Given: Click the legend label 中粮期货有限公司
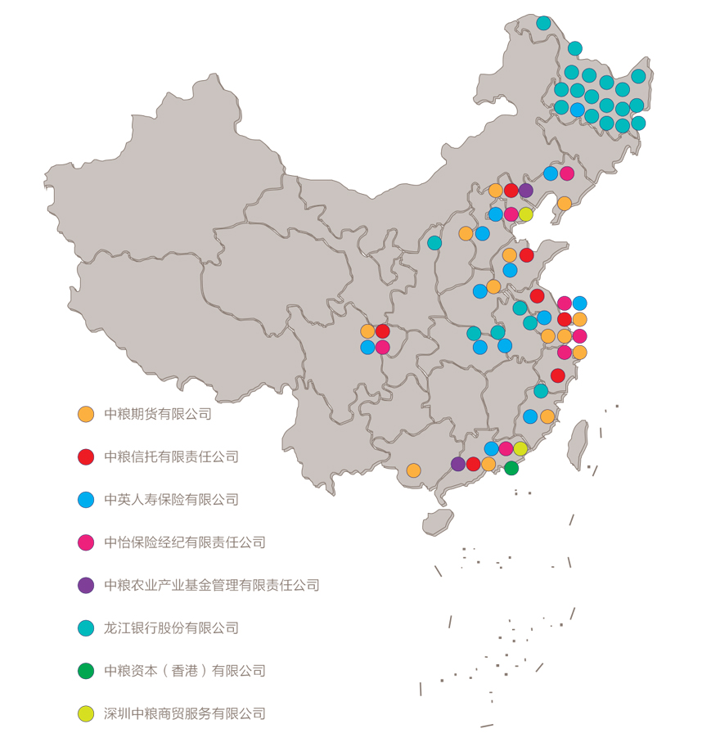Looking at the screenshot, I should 158,414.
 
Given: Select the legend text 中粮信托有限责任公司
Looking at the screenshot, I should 171,457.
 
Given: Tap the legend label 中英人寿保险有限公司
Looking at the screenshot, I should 171,500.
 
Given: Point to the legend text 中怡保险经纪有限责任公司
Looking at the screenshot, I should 185,542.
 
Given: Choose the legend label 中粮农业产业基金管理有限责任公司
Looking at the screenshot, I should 211,585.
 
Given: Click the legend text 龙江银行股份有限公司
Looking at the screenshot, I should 171,628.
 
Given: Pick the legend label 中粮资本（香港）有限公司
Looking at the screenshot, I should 185,671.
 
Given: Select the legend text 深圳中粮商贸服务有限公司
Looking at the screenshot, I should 185,713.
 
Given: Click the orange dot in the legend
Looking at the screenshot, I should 86,415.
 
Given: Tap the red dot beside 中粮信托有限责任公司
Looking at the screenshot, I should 86,457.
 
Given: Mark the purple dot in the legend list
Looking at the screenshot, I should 86,585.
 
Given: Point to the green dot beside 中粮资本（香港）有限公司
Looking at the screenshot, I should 86,671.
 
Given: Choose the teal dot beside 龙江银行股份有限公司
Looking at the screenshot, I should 86,628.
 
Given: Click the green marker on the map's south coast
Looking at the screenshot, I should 511,468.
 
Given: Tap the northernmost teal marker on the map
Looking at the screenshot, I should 543,23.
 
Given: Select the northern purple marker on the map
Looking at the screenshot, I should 525,191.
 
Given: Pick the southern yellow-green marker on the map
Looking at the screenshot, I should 520,448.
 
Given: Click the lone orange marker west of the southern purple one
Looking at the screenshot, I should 413,470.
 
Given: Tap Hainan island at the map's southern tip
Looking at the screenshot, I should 438,521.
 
